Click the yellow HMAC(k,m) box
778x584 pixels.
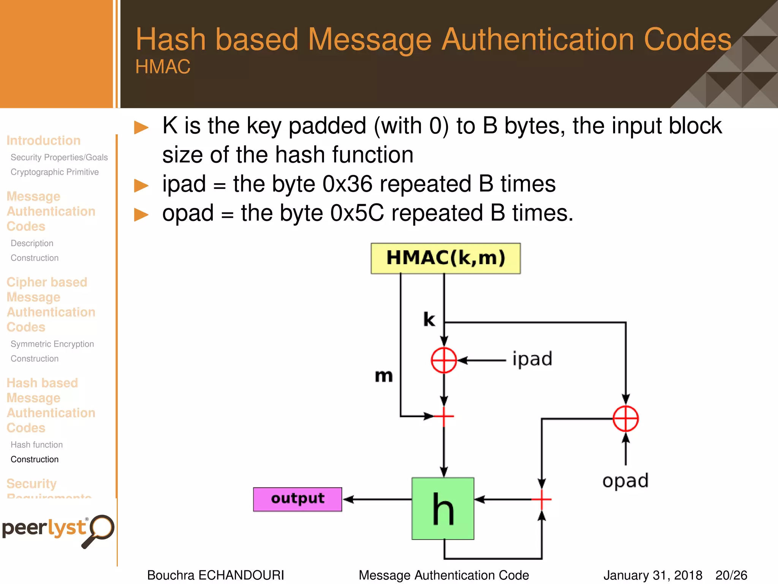446,258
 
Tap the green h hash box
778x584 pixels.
443,509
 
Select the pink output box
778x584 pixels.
297,499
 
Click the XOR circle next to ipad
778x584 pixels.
444,360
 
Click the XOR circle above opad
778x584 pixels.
626,419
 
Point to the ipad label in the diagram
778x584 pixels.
532,359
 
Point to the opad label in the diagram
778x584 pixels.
625,481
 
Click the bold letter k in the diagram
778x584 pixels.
429,319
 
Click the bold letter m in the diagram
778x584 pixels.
384,376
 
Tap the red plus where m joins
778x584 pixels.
444,416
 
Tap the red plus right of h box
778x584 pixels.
542,499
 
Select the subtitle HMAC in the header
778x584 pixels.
163,67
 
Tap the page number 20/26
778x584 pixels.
731,575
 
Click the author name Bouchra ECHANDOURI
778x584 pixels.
215,575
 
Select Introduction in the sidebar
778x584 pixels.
43,141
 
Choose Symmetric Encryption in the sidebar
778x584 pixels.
52,344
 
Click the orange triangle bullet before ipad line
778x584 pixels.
141,186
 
